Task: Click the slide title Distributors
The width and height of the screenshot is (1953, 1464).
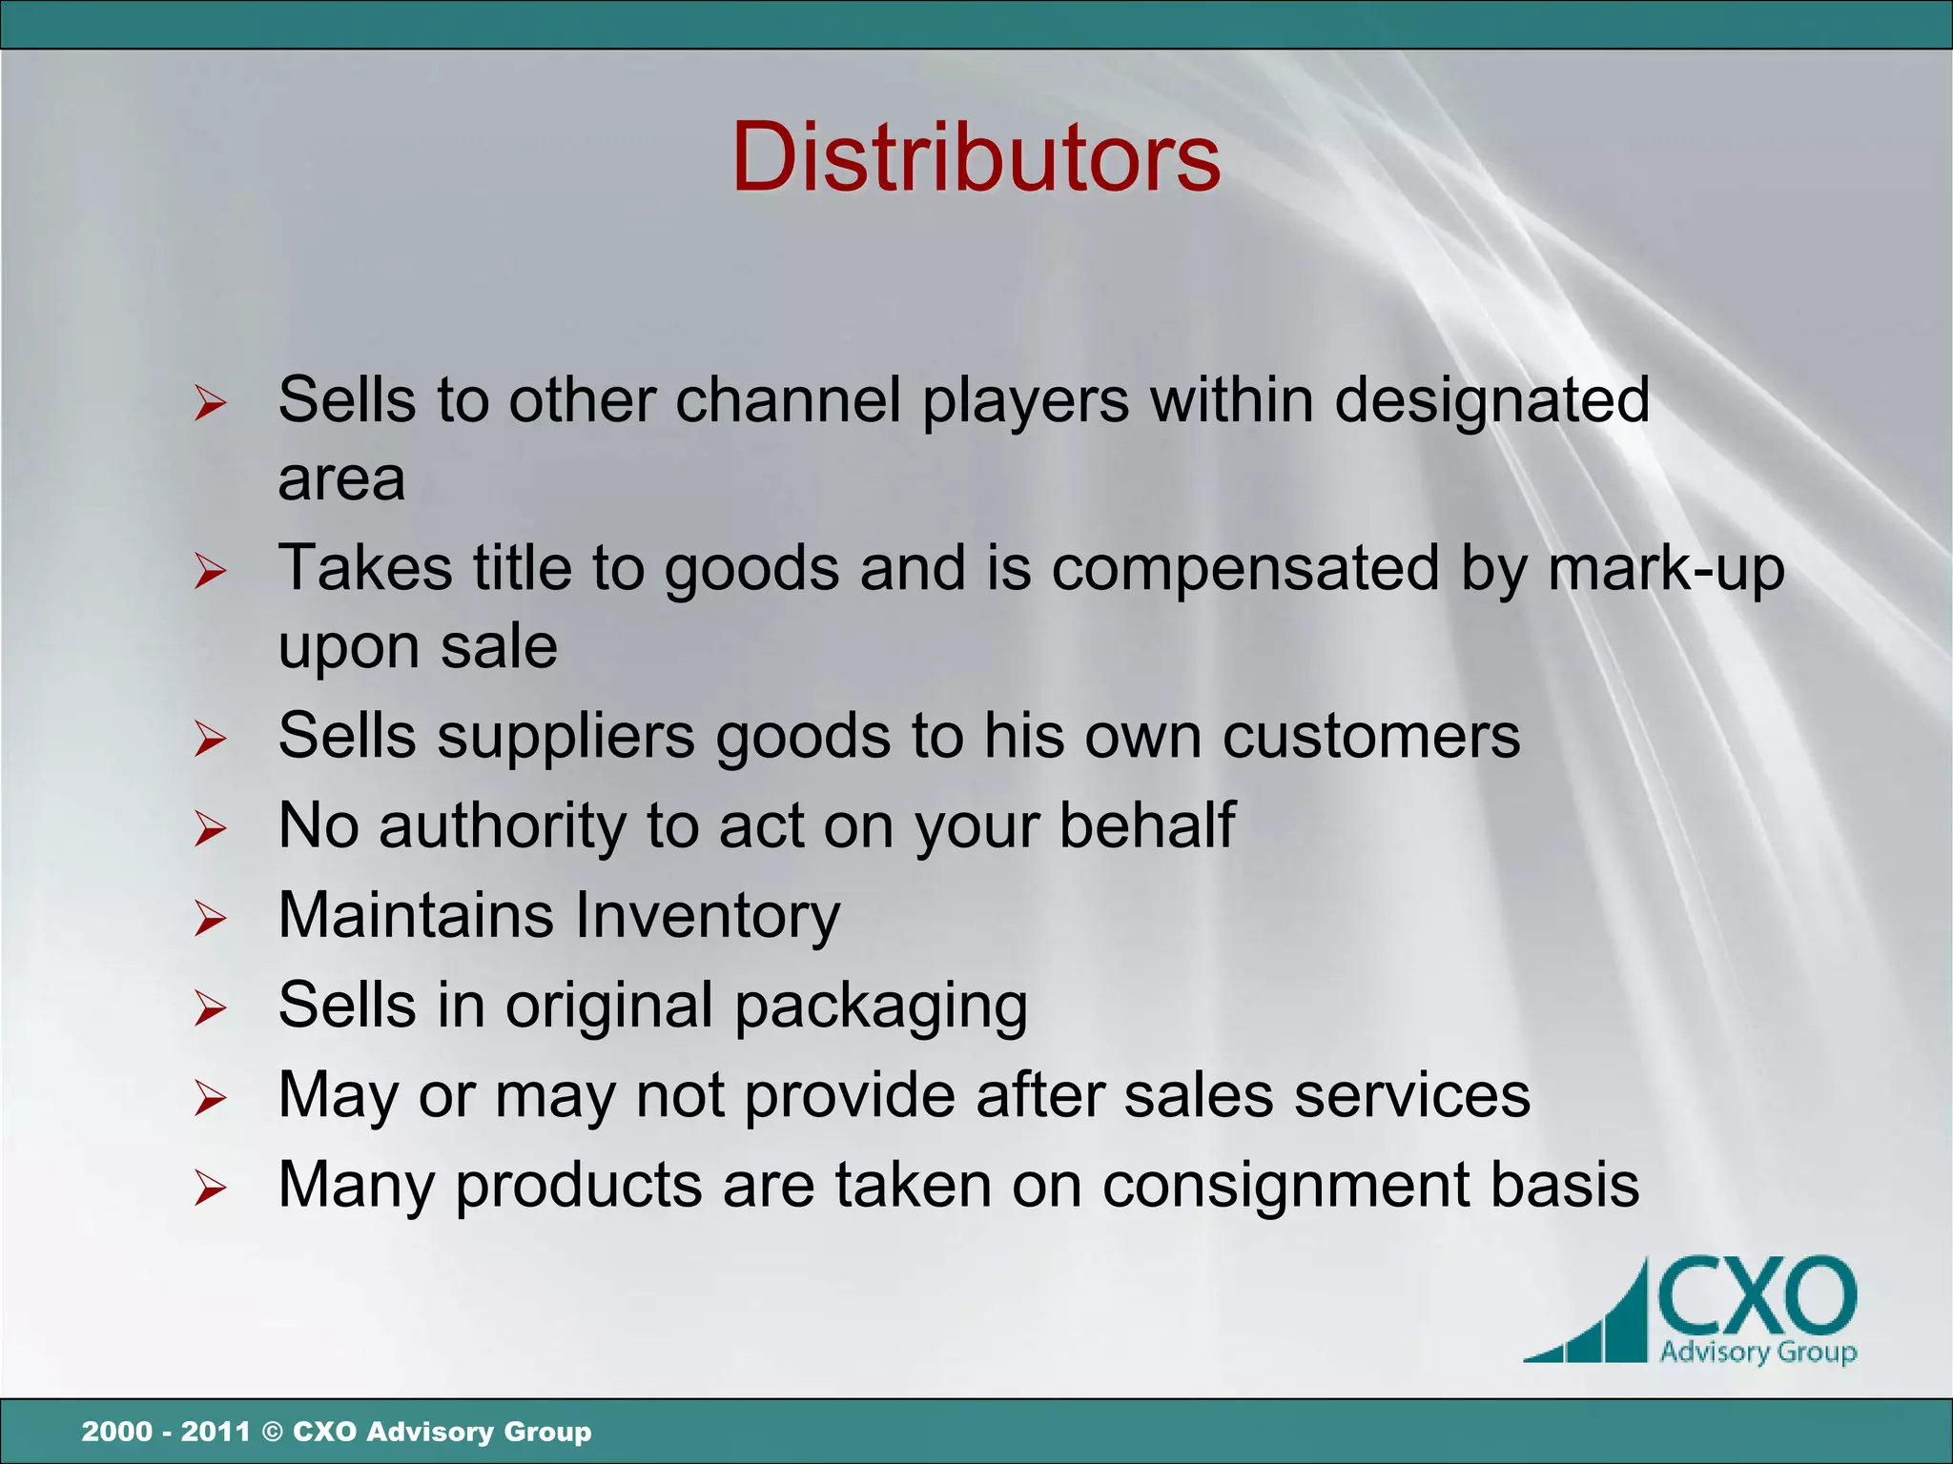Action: coord(976,157)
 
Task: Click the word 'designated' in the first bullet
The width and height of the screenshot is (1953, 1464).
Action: coord(1491,400)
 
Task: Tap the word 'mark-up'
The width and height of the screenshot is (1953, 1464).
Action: coord(1665,570)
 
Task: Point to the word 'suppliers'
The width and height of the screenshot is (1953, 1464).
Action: coord(566,738)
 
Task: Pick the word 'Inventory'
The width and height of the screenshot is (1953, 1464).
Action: coord(708,915)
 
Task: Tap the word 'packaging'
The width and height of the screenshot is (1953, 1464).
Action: coord(881,1007)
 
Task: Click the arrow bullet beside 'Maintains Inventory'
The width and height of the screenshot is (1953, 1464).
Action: coord(210,919)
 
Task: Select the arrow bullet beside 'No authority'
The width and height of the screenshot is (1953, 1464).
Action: coord(210,829)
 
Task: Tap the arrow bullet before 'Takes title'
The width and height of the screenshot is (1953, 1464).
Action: coord(210,572)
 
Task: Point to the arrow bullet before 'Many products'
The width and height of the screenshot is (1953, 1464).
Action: coord(210,1189)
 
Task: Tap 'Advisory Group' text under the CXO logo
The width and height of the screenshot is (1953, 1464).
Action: coord(1758,1352)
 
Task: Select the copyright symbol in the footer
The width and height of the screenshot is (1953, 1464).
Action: coord(272,1432)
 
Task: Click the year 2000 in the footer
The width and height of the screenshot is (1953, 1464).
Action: coord(116,1432)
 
